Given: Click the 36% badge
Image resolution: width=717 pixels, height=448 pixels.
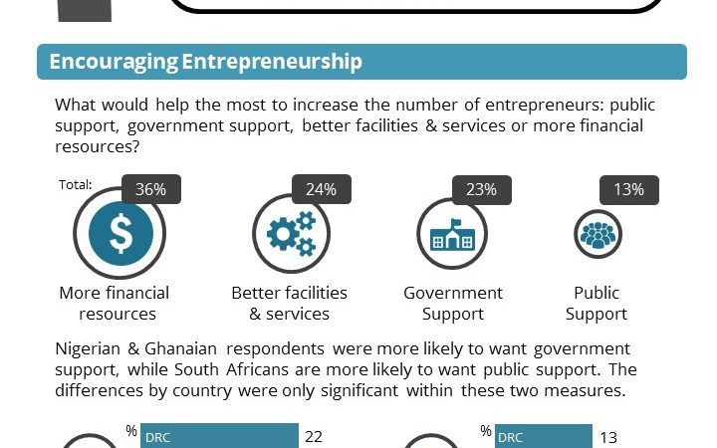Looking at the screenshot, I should pyautogui.click(x=151, y=189).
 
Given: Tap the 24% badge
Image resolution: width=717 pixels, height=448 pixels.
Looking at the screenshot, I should pyautogui.click(x=321, y=189).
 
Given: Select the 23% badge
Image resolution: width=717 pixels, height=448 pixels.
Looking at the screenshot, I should pyautogui.click(x=482, y=189).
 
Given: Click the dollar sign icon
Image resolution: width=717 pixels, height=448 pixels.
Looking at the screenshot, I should pyautogui.click(x=120, y=233).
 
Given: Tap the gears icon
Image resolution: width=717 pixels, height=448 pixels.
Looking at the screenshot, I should pyautogui.click(x=291, y=233).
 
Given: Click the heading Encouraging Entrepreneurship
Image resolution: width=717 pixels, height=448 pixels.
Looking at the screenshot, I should pyautogui.click(x=205, y=62).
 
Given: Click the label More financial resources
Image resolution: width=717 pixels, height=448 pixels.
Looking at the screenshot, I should pyautogui.click(x=114, y=303).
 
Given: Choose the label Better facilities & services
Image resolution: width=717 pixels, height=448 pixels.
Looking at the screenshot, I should pyautogui.click(x=289, y=303).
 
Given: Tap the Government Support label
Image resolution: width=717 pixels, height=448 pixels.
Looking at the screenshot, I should pyautogui.click(x=453, y=303).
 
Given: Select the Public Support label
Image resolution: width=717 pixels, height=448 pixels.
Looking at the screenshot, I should pyautogui.click(x=597, y=303).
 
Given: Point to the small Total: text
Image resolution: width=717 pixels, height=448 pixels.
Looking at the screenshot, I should pyautogui.click(x=76, y=184).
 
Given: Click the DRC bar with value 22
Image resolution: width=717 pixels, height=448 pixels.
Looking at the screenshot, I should pyautogui.click(x=219, y=436).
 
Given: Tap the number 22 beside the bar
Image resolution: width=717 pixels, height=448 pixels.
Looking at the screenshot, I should pyautogui.click(x=314, y=436).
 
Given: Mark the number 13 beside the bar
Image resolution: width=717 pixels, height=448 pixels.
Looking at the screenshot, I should pyautogui.click(x=608, y=436).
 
